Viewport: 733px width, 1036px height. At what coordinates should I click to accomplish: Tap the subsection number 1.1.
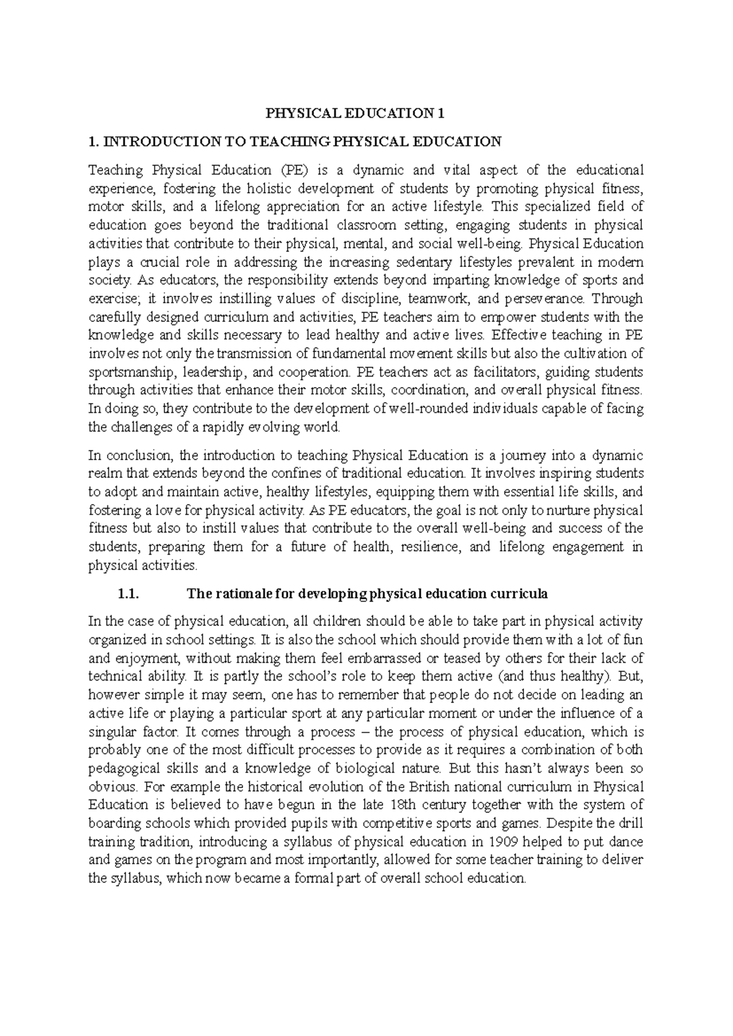[x=128, y=594]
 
